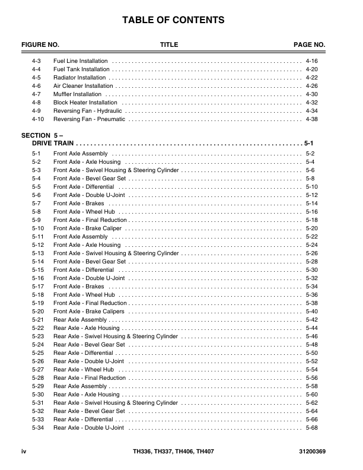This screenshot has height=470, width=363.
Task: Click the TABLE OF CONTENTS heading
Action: click(x=173, y=20)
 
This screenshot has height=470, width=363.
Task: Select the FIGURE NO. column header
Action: click(x=40, y=45)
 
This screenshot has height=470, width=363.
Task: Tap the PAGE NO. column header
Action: click(x=310, y=45)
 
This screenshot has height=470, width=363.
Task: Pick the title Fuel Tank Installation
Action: click(x=81, y=69)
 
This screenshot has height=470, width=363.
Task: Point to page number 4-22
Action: click(x=311, y=78)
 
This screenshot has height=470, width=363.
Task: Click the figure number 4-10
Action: click(x=37, y=119)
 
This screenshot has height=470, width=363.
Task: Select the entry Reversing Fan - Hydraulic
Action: click(x=87, y=111)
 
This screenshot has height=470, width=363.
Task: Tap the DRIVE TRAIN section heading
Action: click(x=53, y=144)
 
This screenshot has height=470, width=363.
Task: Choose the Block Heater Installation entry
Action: click(x=85, y=103)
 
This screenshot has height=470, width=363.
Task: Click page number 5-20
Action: click(x=311, y=228)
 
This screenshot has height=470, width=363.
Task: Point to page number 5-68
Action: click(x=311, y=428)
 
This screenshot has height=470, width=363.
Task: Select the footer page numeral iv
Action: click(x=24, y=452)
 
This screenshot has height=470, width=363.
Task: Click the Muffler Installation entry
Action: click(x=78, y=94)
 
